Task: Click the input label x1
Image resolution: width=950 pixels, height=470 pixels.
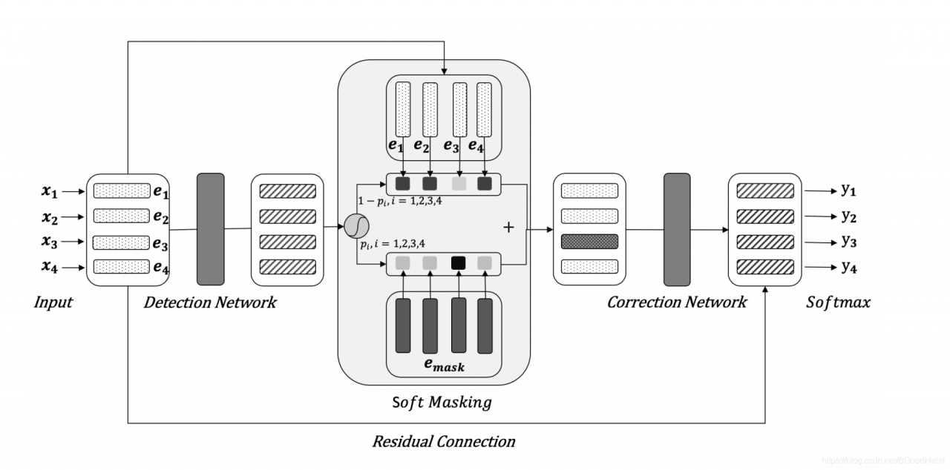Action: (x=50, y=191)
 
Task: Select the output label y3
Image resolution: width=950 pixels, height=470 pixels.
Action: (x=848, y=242)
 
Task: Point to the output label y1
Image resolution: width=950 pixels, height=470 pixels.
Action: (x=848, y=190)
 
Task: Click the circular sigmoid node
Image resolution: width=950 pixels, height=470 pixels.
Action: (x=357, y=225)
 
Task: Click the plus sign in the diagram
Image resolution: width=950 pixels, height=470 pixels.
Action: (x=508, y=227)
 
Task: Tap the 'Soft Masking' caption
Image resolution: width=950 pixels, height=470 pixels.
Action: (x=442, y=403)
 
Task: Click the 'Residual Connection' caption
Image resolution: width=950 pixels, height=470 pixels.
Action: (x=443, y=442)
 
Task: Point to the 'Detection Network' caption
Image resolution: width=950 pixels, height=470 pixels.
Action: (x=210, y=302)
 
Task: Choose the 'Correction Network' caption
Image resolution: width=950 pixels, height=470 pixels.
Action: (x=676, y=302)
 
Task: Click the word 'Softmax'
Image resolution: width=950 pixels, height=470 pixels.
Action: (x=838, y=302)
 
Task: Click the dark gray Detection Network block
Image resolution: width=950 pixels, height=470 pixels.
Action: (x=210, y=228)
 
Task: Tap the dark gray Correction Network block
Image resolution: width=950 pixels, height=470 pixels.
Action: (x=676, y=228)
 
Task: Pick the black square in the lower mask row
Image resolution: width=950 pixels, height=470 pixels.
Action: (x=459, y=262)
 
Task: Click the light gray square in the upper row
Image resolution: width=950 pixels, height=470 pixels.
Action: (x=459, y=184)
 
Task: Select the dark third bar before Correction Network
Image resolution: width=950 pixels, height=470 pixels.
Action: (x=589, y=242)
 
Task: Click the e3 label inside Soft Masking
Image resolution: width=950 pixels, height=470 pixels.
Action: (x=451, y=146)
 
